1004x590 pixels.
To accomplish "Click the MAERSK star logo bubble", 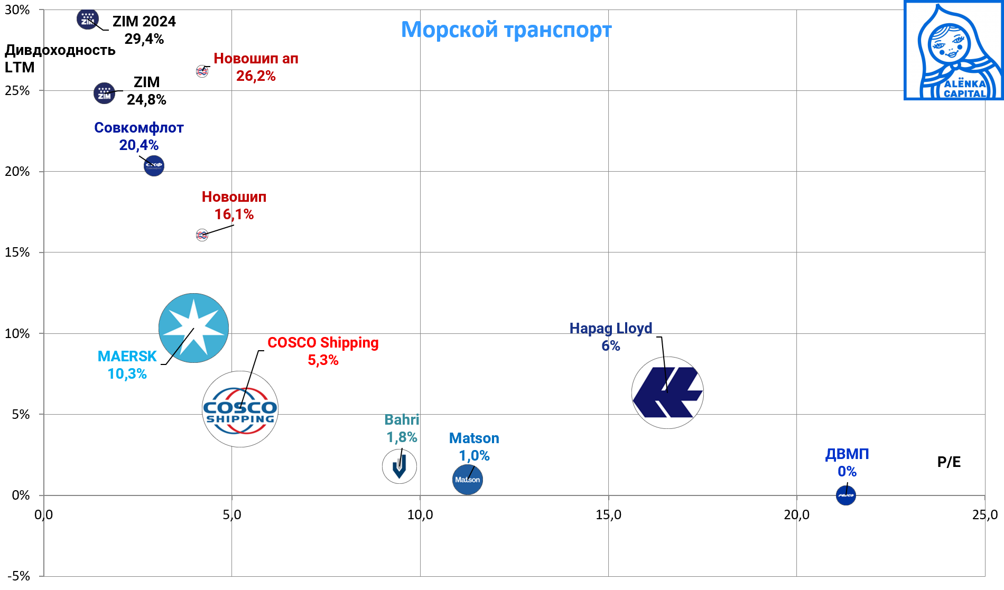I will (x=193, y=328).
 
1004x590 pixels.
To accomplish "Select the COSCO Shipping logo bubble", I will (x=240, y=409).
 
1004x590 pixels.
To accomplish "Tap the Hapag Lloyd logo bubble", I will (x=667, y=392).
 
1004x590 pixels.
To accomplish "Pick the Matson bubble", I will (x=468, y=480).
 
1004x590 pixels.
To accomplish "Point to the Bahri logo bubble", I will (x=399, y=466).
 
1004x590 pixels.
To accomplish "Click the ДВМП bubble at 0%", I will (x=845, y=495).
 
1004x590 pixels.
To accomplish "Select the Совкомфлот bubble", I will (x=154, y=166).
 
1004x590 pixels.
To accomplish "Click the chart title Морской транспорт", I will (x=506, y=30).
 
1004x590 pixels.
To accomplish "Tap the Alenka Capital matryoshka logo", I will (x=953, y=51).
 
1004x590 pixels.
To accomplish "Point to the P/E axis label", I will (x=949, y=462).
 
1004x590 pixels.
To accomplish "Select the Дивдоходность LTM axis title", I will (x=59, y=59).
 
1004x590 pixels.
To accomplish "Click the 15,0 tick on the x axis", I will (x=608, y=514).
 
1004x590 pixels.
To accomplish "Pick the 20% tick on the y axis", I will (x=17, y=172).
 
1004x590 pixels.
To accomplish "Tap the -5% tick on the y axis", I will (x=18, y=576).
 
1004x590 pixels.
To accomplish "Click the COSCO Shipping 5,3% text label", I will (x=323, y=351).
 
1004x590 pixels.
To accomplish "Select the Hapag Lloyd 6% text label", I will (x=610, y=337).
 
